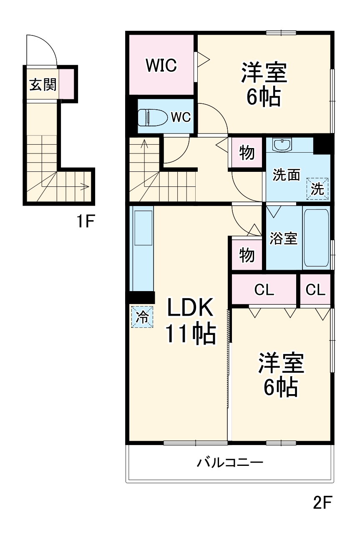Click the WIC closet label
(161, 65)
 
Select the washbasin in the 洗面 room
(283, 145)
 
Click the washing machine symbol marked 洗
(317, 189)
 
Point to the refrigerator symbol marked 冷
(142, 317)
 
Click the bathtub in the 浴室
(317, 238)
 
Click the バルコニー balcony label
(230, 463)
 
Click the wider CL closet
(264, 290)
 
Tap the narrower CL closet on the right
(315, 290)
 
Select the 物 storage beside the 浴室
(247, 254)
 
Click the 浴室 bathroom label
(284, 239)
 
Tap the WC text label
(181, 118)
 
